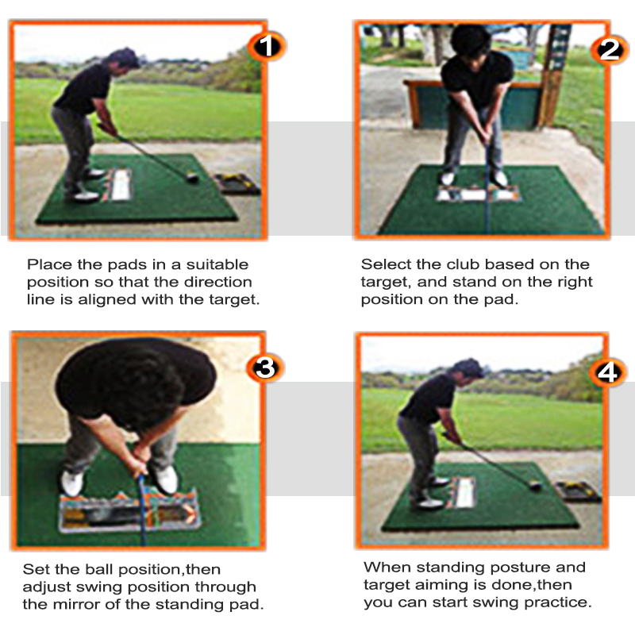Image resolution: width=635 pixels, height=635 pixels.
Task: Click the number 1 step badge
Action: click(267, 46)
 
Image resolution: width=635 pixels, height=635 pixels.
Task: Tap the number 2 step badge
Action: click(610, 50)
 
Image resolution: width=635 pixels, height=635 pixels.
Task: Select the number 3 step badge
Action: click(265, 368)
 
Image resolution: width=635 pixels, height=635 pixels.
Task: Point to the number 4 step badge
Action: click(607, 372)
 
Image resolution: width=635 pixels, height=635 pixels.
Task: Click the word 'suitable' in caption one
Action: click(217, 264)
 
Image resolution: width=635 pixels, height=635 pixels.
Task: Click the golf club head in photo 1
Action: click(192, 177)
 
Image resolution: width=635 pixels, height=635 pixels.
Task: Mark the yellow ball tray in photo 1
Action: click(237, 183)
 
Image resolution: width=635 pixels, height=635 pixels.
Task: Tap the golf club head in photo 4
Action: click(536, 485)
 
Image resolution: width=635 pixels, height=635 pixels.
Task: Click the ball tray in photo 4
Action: click(579, 491)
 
